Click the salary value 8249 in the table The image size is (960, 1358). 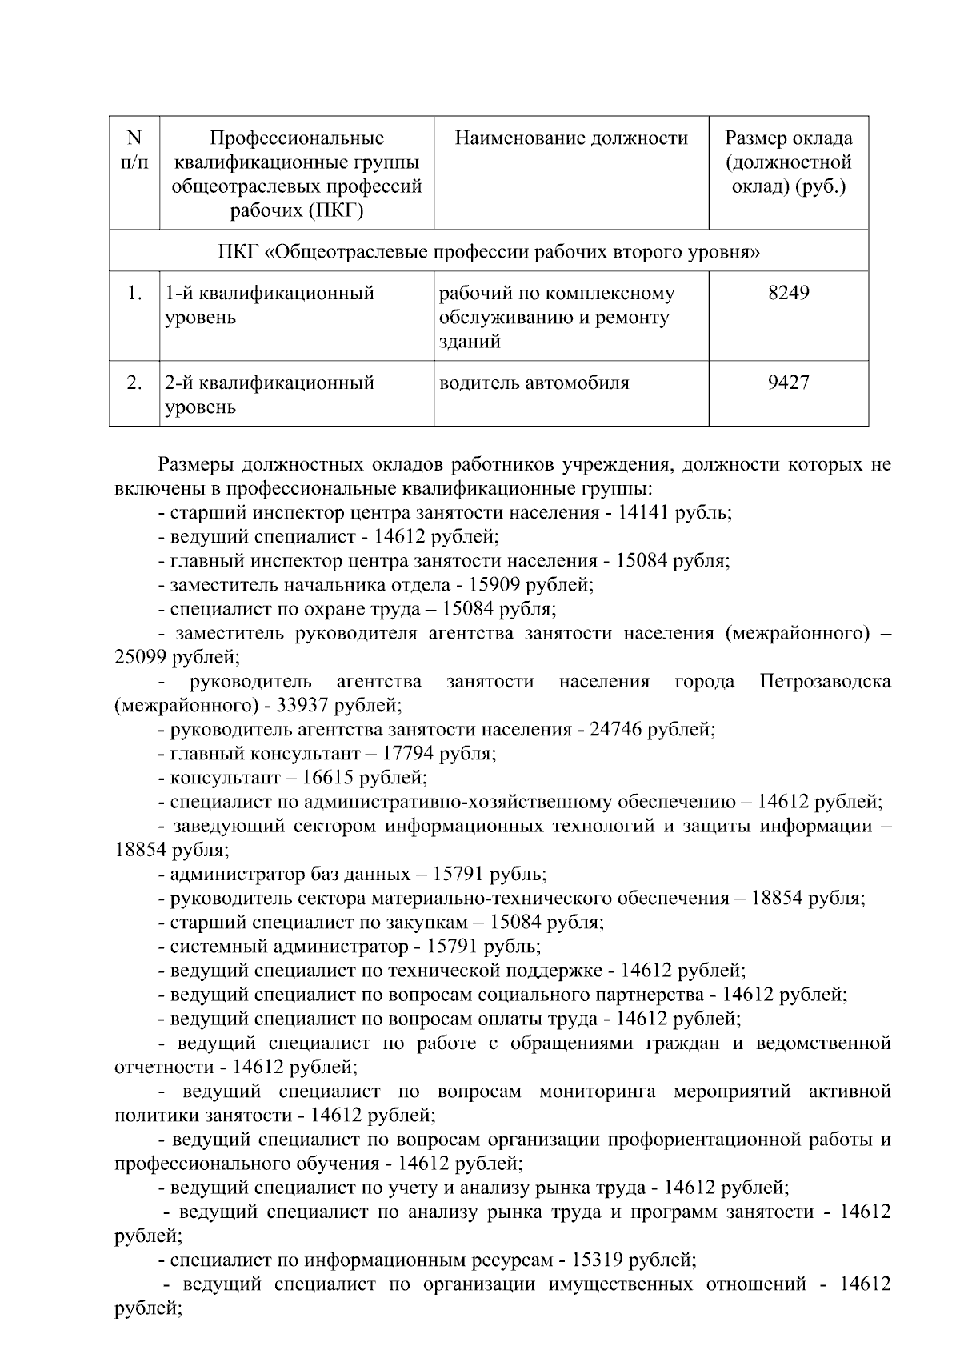[x=788, y=294]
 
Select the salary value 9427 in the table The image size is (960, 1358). [x=788, y=383]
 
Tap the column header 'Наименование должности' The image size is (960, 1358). [x=571, y=138]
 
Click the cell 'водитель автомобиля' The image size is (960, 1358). [x=534, y=383]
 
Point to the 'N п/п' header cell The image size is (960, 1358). [x=134, y=150]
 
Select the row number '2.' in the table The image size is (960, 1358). [x=134, y=383]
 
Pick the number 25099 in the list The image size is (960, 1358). [x=142, y=658]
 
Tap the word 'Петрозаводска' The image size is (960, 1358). [x=825, y=682]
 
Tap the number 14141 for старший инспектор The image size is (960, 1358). [x=645, y=513]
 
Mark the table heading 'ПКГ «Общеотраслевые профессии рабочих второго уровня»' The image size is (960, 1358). [x=489, y=252]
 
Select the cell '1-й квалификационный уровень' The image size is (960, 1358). [x=270, y=305]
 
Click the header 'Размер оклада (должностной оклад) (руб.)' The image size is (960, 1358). [x=788, y=162]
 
